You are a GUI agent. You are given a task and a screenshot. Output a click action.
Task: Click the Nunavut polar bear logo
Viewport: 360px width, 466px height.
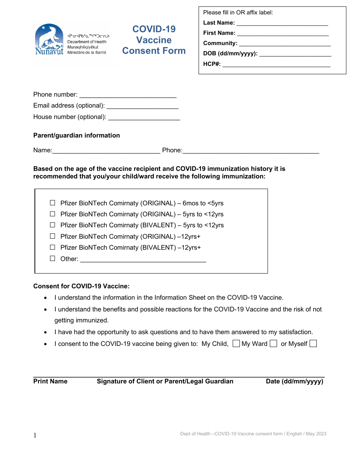(49, 39)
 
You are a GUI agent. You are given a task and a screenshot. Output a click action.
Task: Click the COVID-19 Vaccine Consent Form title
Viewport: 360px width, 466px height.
(154, 40)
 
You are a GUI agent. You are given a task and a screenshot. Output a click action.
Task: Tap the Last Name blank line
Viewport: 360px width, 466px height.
(282, 25)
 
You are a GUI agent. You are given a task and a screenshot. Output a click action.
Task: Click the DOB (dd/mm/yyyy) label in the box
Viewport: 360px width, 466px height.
(230, 53)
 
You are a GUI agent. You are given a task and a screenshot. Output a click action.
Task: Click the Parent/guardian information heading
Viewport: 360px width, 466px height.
(77, 136)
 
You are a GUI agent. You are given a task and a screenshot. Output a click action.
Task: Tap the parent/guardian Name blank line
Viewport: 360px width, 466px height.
(106, 153)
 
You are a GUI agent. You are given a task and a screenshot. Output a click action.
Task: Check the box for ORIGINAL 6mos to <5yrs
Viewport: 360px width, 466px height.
(53, 203)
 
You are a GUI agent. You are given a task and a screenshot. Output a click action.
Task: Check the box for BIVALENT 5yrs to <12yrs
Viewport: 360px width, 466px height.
(53, 225)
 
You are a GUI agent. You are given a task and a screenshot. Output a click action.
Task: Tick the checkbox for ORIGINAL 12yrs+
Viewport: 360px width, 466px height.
(53, 236)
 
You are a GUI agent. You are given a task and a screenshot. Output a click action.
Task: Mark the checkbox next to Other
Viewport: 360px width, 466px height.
(53, 259)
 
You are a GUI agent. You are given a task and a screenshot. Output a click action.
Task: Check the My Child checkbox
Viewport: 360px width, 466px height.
(236, 344)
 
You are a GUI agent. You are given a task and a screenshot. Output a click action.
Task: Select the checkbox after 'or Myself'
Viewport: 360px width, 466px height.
(313, 344)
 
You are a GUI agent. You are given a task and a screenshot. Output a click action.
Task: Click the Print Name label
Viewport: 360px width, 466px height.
(50, 382)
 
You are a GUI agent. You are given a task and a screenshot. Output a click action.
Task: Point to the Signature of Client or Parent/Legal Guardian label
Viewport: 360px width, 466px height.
(165, 382)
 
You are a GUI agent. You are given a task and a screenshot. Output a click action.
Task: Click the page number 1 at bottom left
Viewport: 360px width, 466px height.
(35, 436)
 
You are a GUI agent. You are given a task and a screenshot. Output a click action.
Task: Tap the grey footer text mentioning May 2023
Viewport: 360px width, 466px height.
(253, 434)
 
